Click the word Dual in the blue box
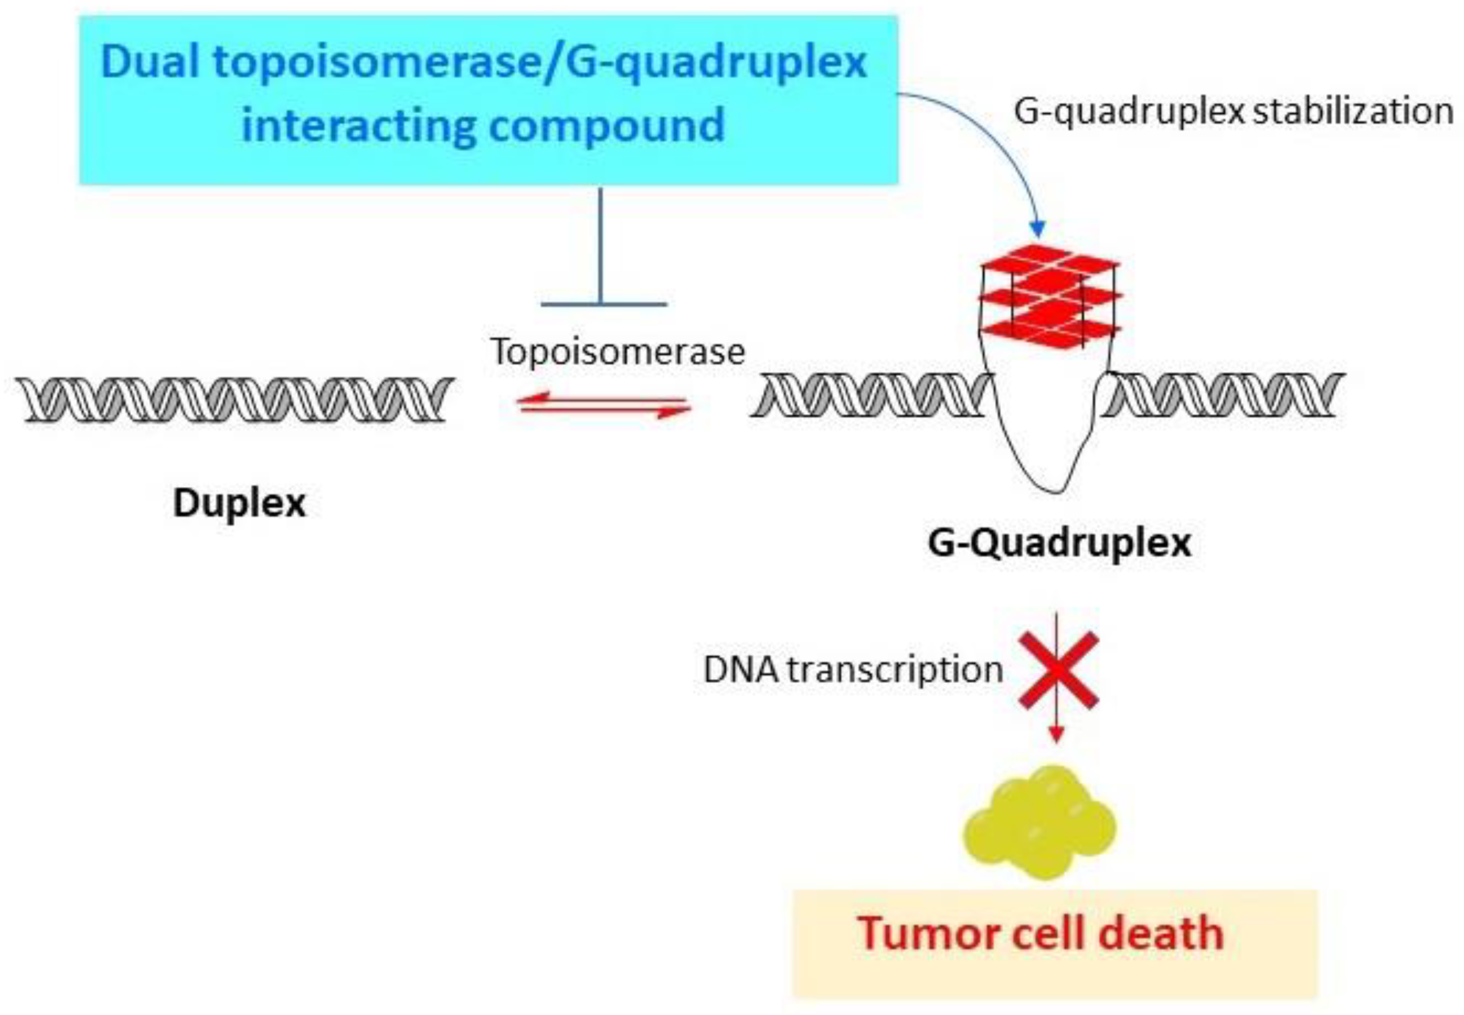152,62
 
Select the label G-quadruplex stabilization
1233,111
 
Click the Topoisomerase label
617,352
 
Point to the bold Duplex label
239,503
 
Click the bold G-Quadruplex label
1059,543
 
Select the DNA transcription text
852,669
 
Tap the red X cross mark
1058,670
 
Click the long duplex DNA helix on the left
235,399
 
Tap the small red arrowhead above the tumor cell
1056,735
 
